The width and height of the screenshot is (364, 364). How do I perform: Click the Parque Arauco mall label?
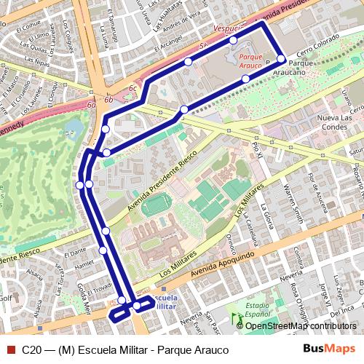250,57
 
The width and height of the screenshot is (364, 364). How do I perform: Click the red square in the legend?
9,349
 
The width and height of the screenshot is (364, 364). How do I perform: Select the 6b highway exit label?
108,99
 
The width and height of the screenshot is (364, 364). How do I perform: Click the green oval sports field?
154,205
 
